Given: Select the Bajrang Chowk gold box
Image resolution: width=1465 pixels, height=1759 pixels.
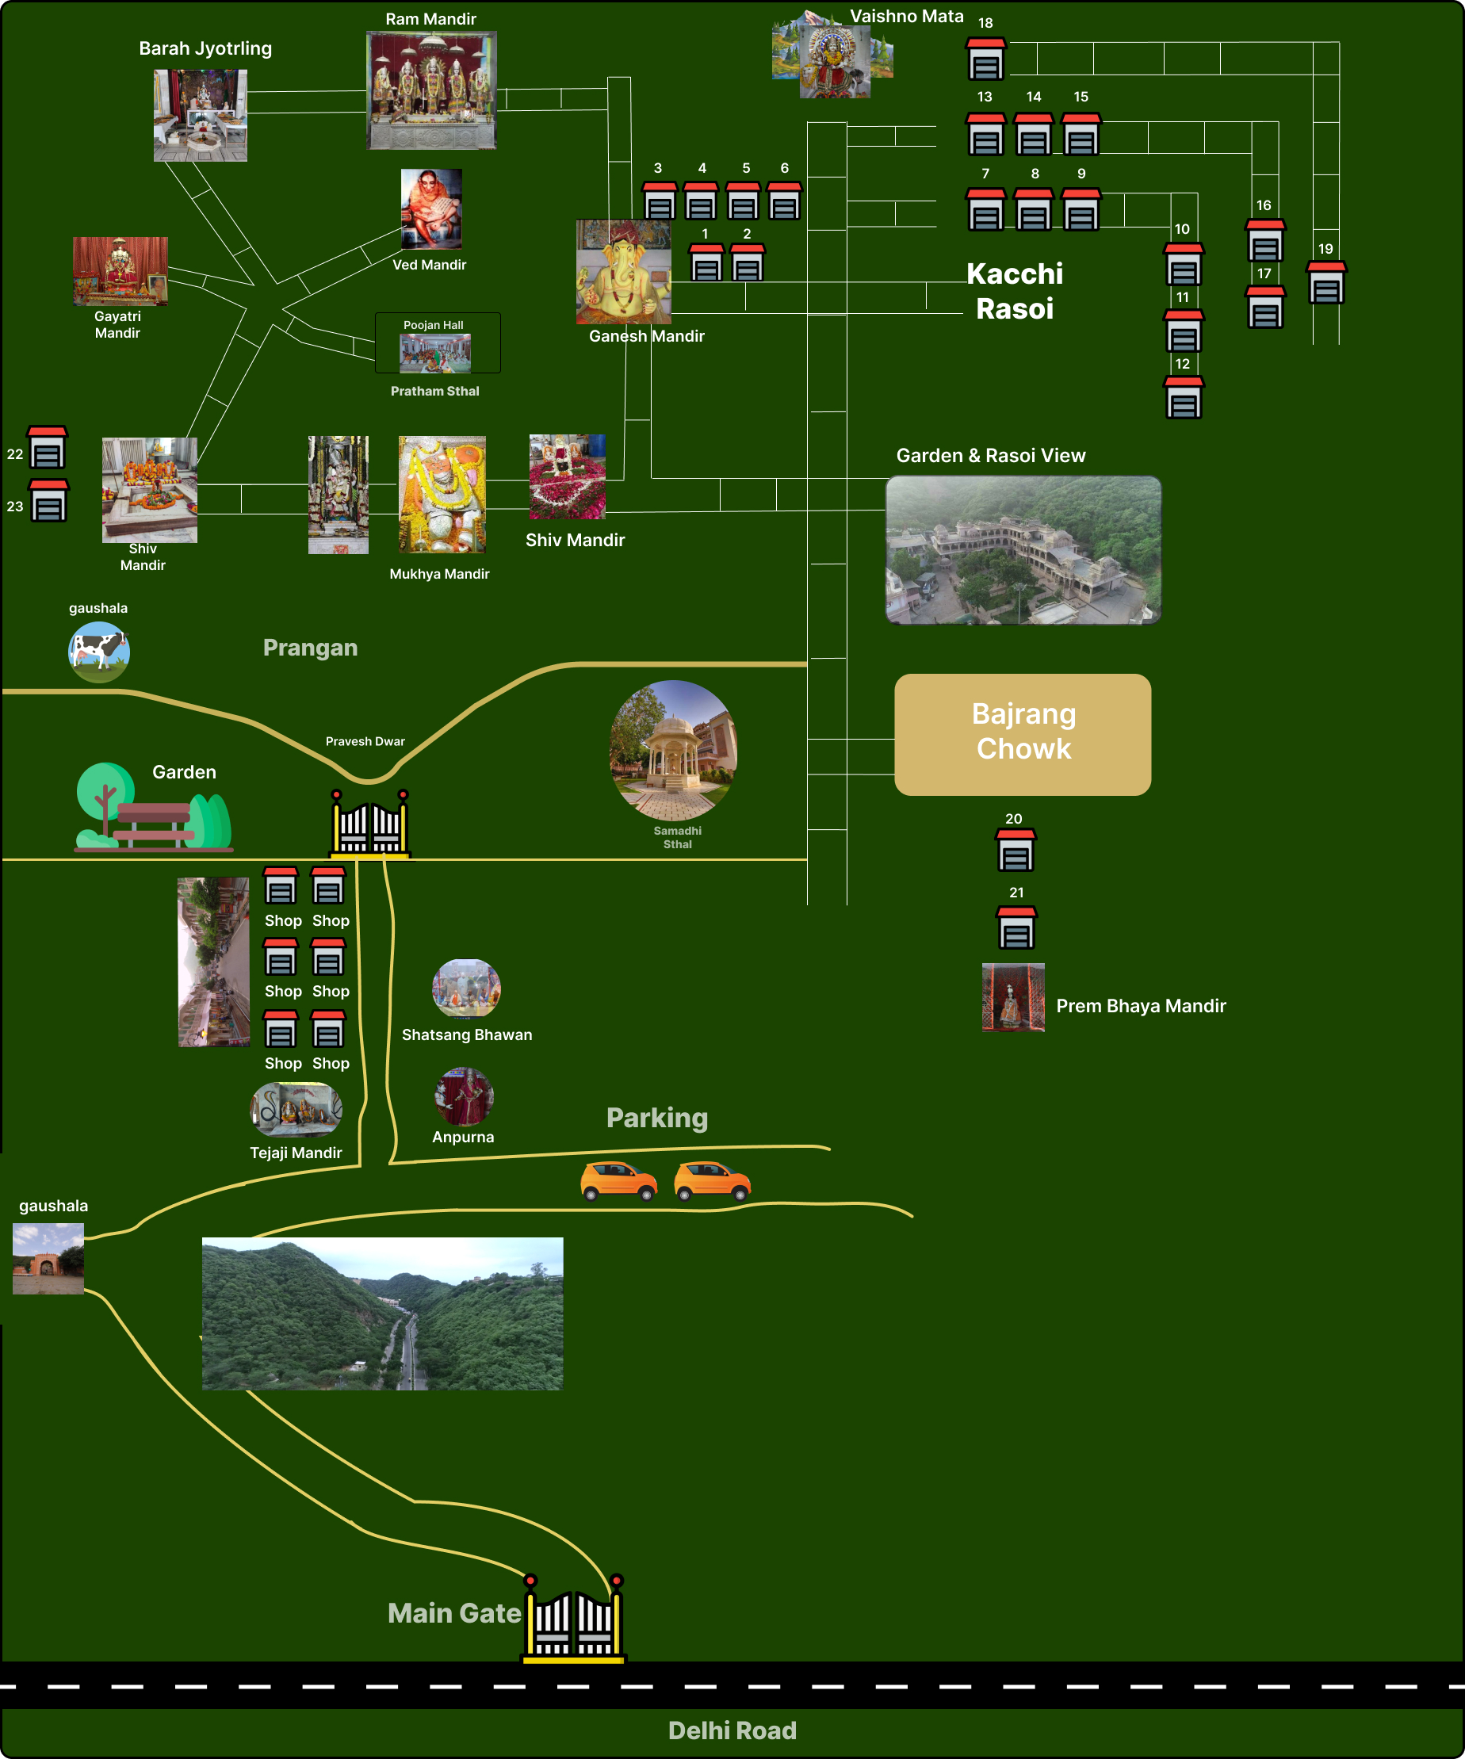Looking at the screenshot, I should click(1022, 734).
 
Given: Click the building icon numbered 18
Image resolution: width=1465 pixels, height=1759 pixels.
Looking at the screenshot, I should click(985, 59).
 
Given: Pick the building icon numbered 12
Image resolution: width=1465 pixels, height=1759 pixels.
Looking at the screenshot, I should click(1183, 397).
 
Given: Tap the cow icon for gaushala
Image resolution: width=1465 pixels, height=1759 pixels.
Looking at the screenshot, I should click(99, 652).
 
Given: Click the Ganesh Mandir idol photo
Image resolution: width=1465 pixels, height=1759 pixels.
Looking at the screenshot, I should click(623, 272).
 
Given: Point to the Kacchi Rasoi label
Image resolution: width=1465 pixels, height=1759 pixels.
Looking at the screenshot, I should click(1015, 291).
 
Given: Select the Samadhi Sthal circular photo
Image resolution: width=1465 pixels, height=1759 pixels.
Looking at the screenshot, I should click(674, 750).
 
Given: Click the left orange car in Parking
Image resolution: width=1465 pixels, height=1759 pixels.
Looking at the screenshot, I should click(619, 1181).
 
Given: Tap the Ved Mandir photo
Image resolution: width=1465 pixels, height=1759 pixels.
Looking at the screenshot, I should click(431, 209).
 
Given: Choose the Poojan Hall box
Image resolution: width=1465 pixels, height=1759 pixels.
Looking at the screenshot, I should click(438, 343).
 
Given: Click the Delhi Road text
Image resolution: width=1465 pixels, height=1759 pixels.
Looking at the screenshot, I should click(732, 1730).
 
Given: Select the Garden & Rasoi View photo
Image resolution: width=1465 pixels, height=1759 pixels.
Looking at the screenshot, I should click(1023, 550).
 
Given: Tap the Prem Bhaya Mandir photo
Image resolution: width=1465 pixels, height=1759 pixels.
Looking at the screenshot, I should click(1012, 996).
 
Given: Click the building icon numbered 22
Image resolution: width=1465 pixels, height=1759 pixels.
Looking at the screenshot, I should click(47, 447).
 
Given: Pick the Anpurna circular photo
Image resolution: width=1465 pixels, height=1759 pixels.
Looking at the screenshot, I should click(464, 1096).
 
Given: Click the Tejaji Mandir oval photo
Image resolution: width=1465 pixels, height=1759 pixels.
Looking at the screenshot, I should click(296, 1109).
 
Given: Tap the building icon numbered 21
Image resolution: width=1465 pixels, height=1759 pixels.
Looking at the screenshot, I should click(1016, 927).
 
